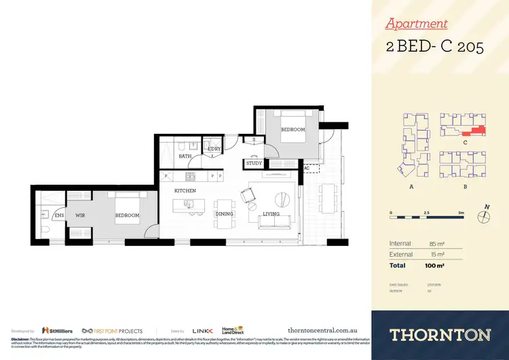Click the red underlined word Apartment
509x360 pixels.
point(416,24)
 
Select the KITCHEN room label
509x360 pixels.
point(185,191)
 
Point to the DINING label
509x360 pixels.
point(224,214)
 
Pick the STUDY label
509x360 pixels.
point(254,163)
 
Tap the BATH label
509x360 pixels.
point(185,156)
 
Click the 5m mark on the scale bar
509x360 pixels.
point(461,213)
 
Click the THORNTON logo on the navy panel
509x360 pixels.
point(440,334)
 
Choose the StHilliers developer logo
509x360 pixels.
point(57,331)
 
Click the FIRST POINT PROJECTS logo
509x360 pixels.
point(112,331)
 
